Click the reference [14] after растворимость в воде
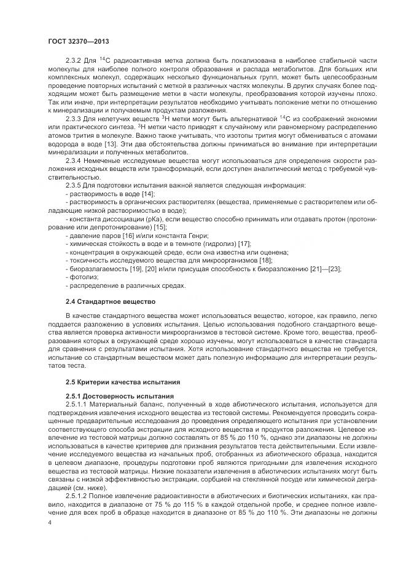148,193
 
